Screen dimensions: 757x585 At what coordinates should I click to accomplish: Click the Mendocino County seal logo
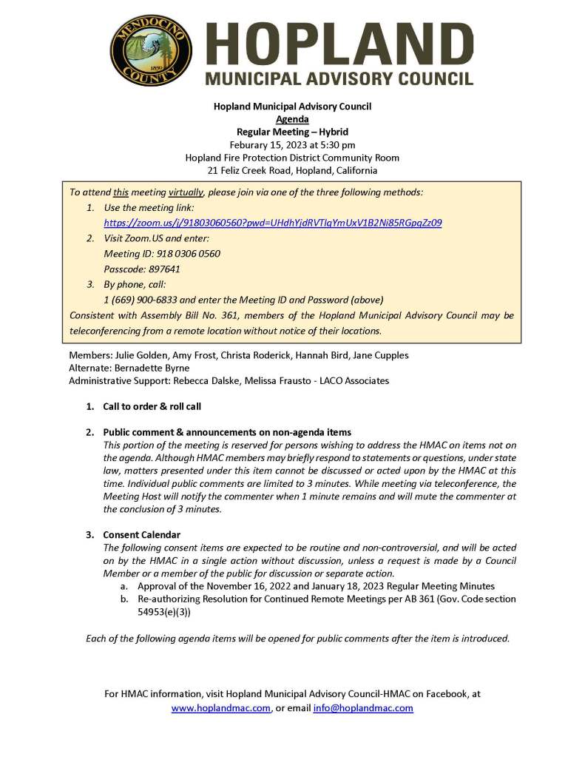click(x=151, y=50)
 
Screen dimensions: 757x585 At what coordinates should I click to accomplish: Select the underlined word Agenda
click(x=292, y=119)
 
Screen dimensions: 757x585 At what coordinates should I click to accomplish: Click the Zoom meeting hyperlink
click(x=273, y=223)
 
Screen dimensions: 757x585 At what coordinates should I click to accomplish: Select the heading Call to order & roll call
click(x=152, y=406)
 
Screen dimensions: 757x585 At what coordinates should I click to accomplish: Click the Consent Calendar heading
click(x=141, y=534)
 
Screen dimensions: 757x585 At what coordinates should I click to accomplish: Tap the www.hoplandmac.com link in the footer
click(x=220, y=708)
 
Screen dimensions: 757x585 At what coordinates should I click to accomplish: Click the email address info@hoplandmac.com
click(x=363, y=708)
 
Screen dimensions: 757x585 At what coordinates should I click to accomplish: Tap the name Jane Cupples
click(x=381, y=355)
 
